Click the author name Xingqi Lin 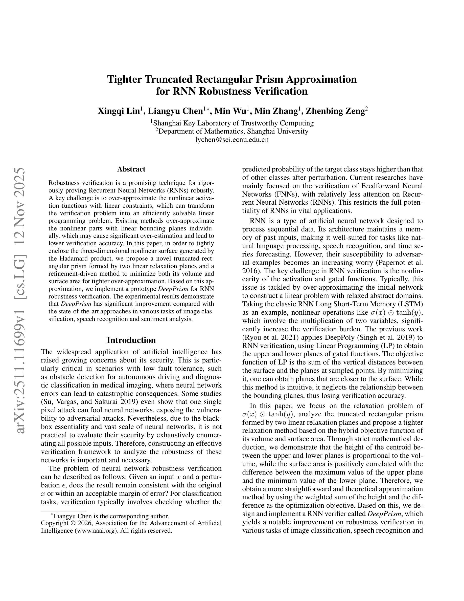(119, 111)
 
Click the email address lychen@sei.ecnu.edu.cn (232, 140)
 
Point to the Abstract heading (131, 169)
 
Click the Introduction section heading (131, 340)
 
